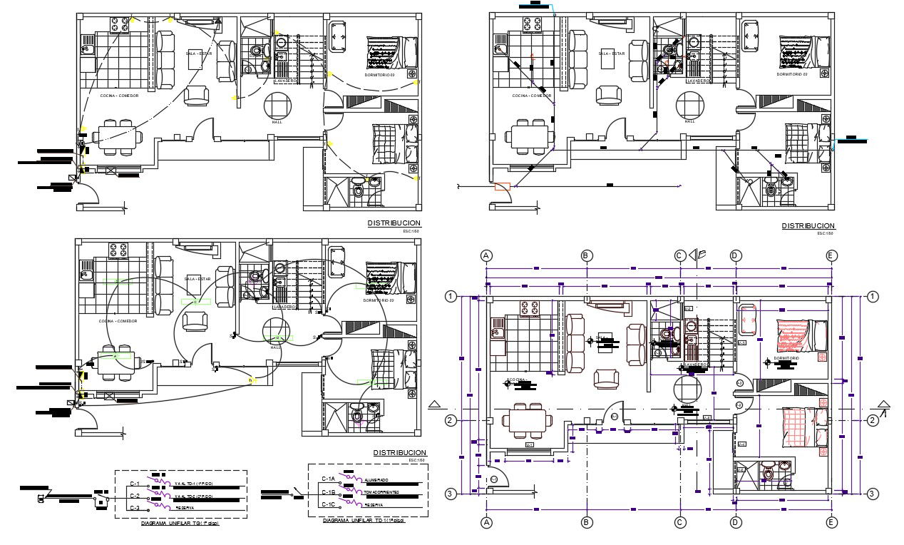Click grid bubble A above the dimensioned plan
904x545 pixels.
[486, 255]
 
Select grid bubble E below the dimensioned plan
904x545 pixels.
[831, 522]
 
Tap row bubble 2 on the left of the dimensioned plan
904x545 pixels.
[451, 420]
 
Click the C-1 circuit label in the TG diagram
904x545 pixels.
[134, 484]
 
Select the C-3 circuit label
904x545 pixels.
[134, 507]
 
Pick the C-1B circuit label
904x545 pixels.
[328, 492]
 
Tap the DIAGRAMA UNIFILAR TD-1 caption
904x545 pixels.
[364, 521]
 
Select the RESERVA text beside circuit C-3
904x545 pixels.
[184, 507]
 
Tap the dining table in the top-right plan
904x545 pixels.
[530, 135]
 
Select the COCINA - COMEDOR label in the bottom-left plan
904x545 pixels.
[118, 321]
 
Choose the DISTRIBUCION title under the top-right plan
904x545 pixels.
[808, 225]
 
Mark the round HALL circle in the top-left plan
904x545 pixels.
[277, 106]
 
